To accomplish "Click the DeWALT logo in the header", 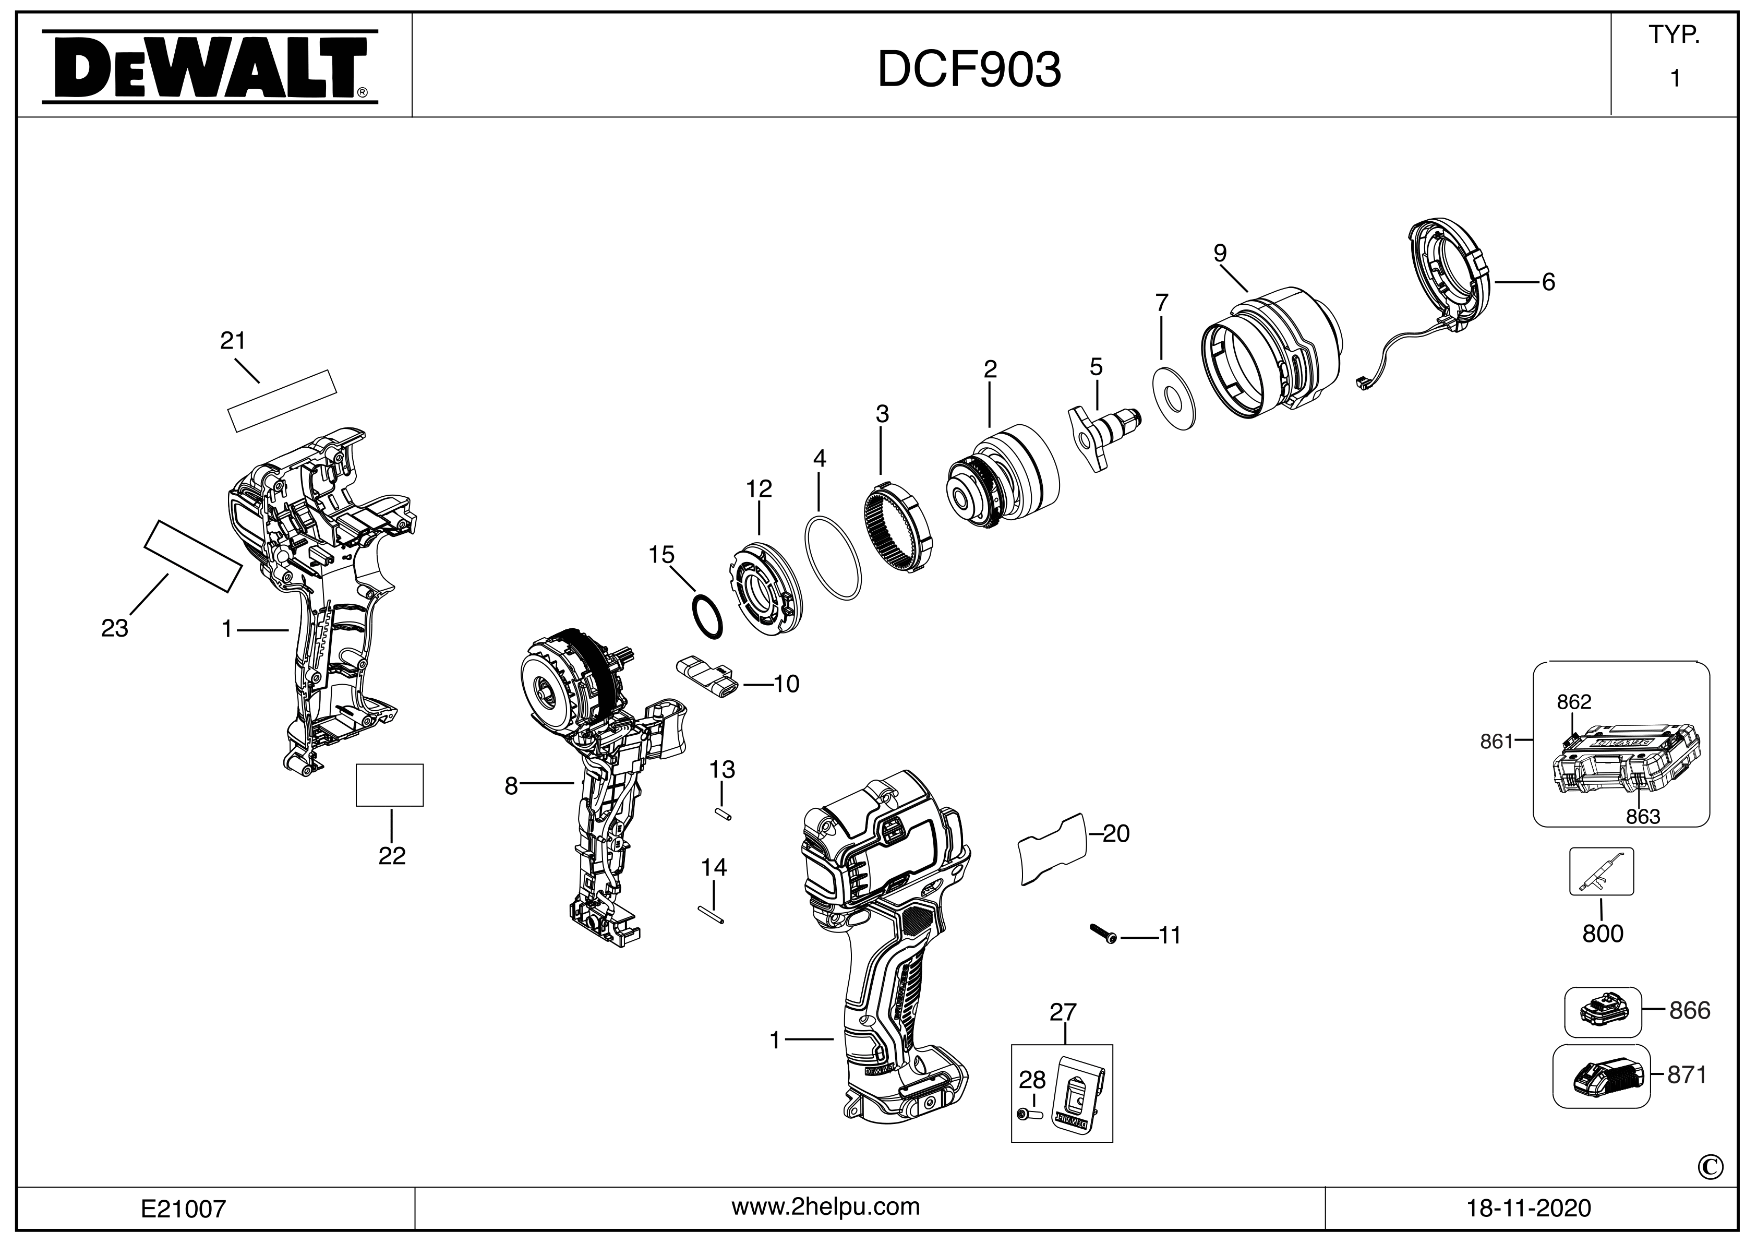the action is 208,67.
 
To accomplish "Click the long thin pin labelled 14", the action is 711,914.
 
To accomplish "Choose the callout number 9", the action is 1220,253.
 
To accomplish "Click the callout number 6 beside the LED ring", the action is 1548,282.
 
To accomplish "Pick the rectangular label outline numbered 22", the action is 390,784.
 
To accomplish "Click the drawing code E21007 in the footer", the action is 184,1209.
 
